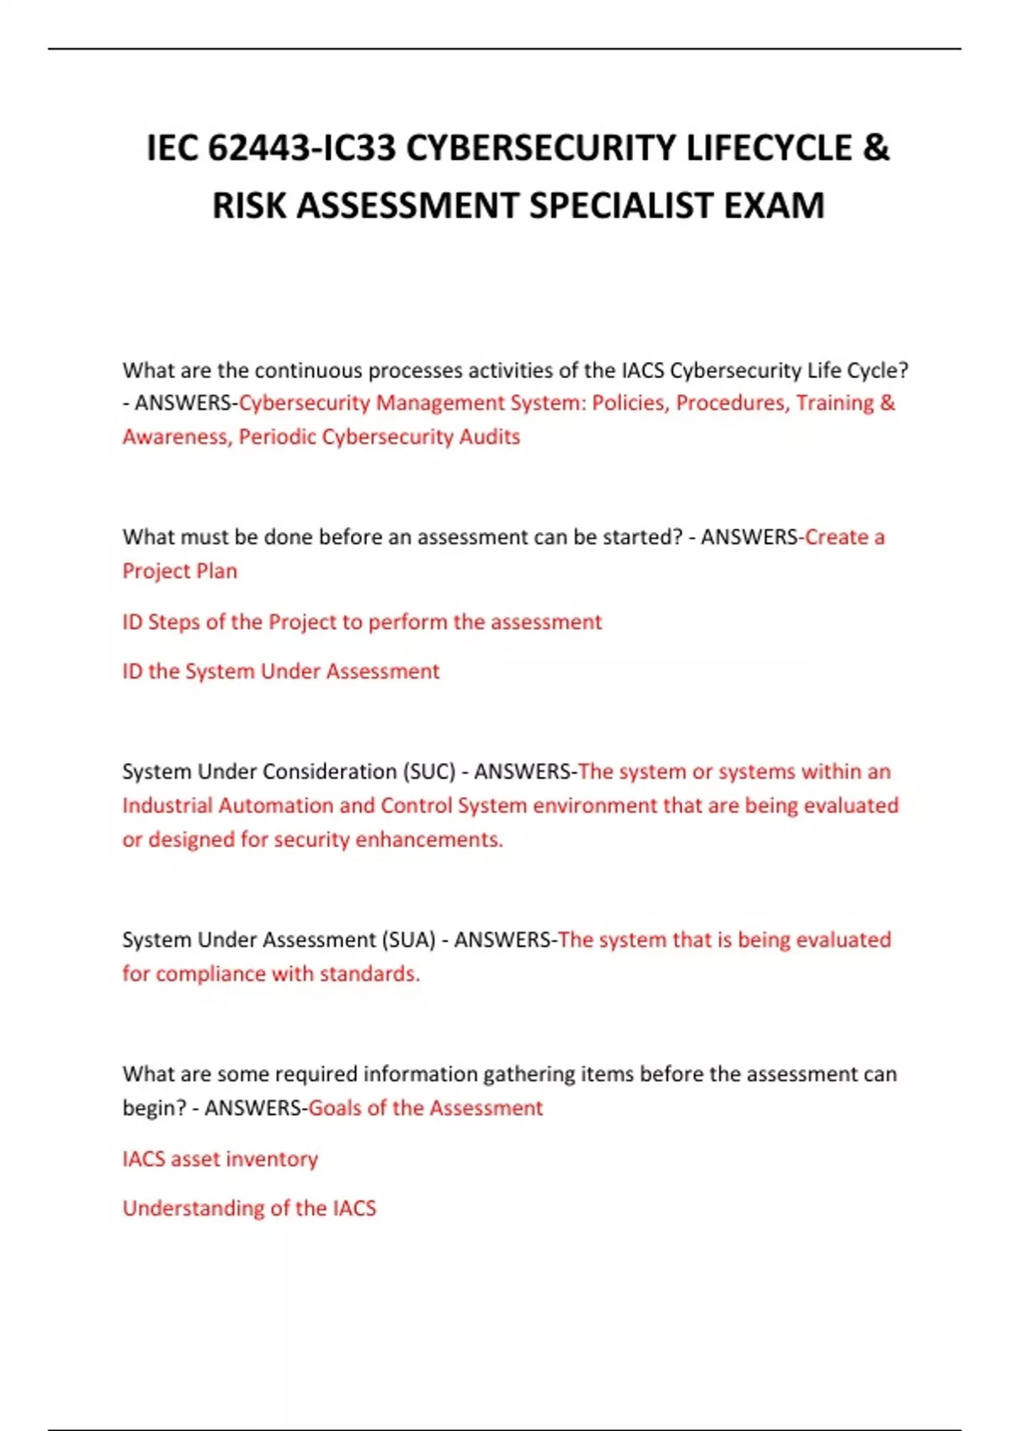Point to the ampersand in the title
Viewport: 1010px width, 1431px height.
875,149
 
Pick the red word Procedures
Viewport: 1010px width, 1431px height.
732,403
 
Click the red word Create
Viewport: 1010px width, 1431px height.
836,537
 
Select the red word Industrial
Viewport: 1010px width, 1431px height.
167,806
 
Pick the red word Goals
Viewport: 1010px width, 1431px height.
335,1108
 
